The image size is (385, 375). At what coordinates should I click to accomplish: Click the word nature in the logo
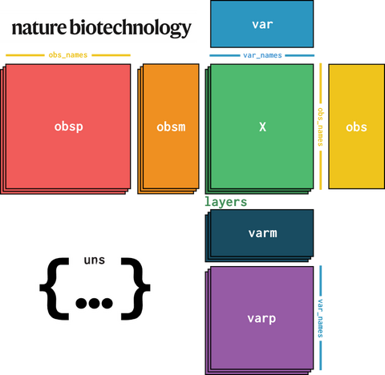coord(39,28)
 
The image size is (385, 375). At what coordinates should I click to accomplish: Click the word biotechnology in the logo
coord(131,28)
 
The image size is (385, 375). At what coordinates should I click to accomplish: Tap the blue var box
coord(262,24)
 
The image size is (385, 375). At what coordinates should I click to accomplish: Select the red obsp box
coord(68,127)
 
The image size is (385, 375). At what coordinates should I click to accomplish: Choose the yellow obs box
coord(357,127)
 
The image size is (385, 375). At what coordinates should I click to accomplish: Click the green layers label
coord(225,202)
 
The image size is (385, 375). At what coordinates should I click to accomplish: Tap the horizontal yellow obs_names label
coord(68,55)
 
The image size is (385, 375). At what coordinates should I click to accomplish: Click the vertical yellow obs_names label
coord(320,127)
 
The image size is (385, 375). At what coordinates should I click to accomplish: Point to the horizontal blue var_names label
coord(262,55)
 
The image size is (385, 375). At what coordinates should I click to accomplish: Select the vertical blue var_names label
coord(320,318)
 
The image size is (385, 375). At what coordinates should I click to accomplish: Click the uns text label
coord(95,260)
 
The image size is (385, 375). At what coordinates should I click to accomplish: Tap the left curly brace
coord(55,288)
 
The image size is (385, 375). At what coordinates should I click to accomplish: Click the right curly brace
coord(136,288)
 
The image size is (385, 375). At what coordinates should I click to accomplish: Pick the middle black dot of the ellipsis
coord(94,303)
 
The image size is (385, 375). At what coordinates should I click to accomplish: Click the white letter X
coord(262,127)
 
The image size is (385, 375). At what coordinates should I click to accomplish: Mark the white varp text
coord(261,319)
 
